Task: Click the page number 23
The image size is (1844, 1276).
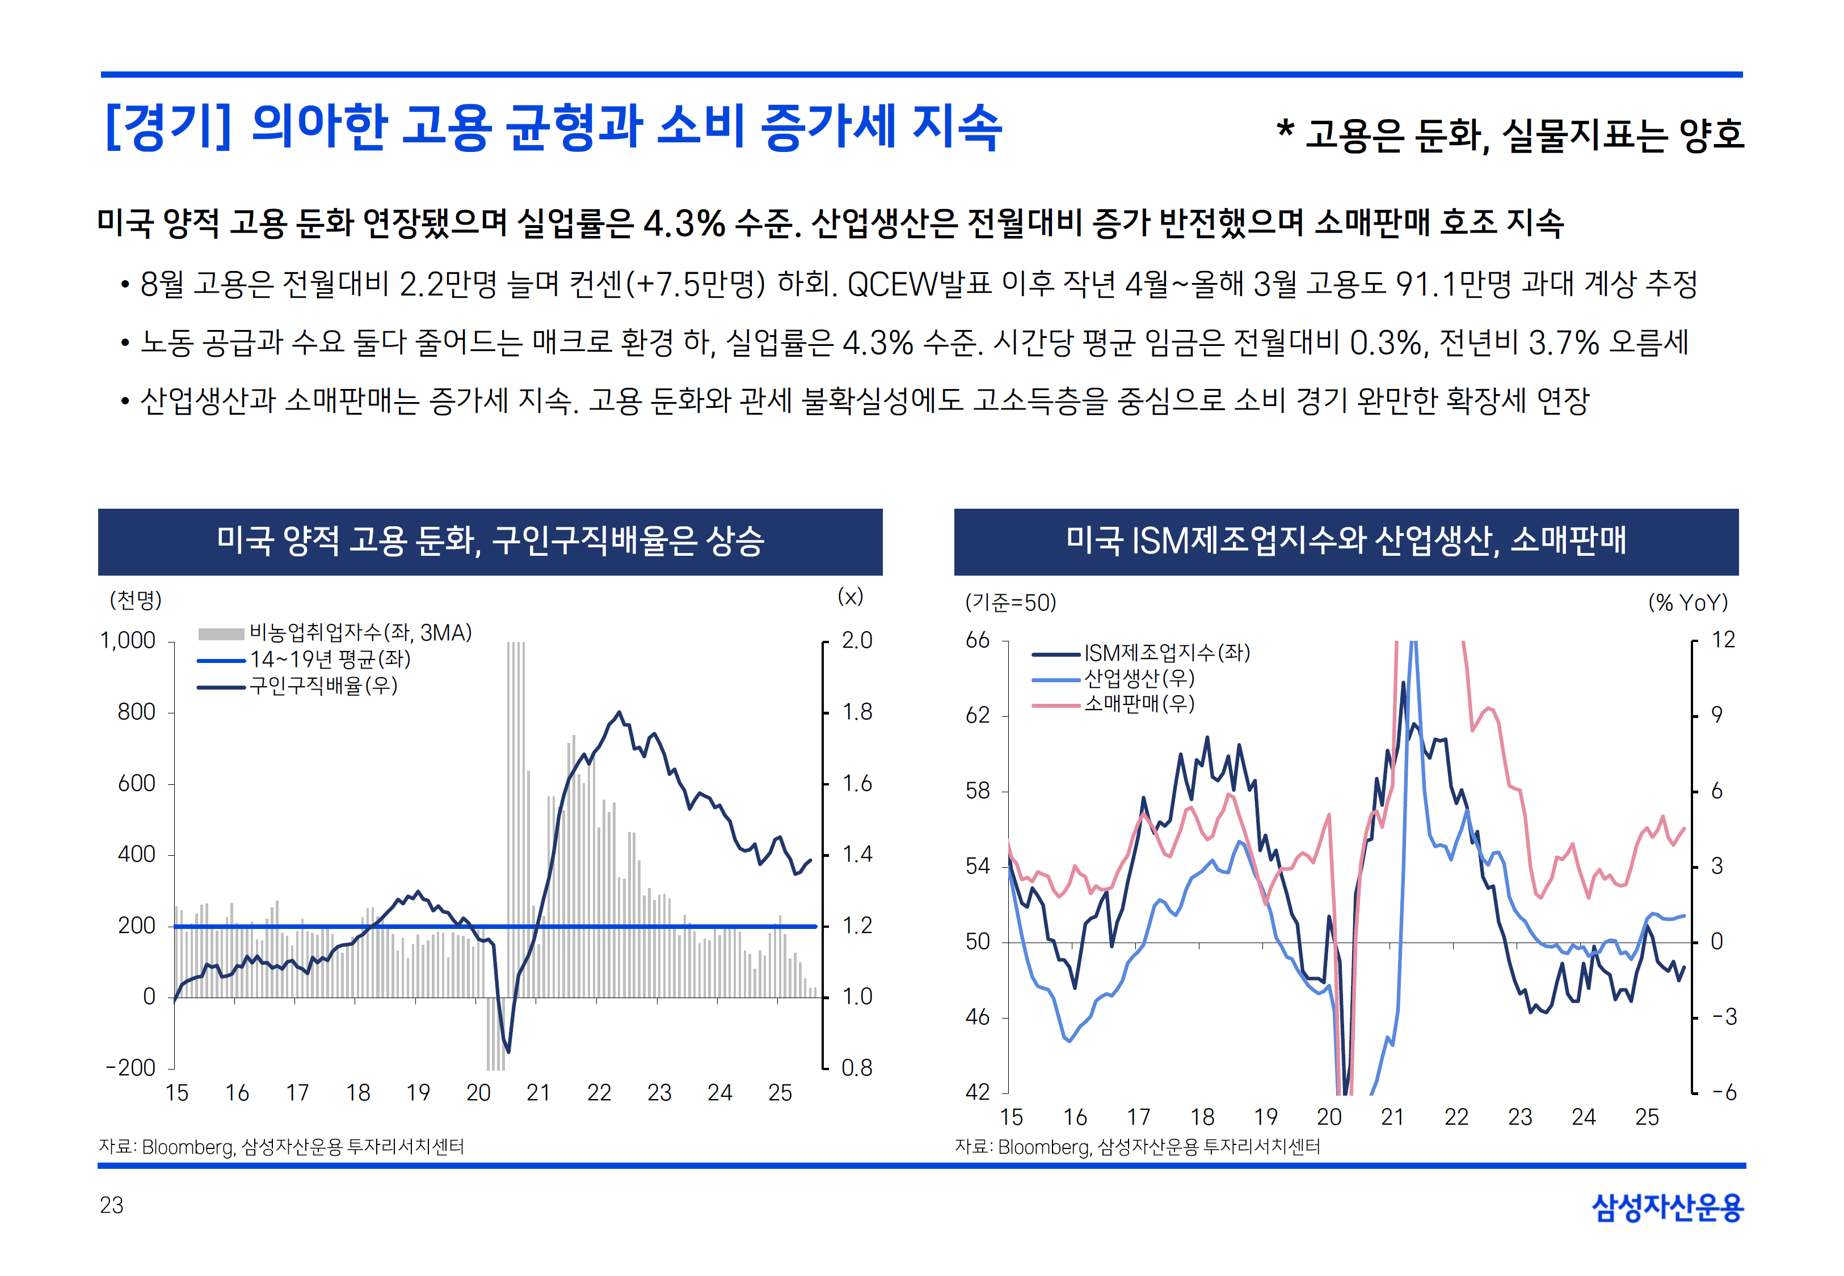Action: (x=112, y=1205)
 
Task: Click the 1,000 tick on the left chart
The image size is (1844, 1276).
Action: (x=128, y=640)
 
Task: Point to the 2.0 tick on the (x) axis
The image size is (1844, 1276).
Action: (x=856, y=640)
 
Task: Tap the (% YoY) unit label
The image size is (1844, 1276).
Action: (x=1687, y=603)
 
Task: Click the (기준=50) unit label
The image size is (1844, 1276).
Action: (x=1011, y=603)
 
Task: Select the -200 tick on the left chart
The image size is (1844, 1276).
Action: (x=130, y=1068)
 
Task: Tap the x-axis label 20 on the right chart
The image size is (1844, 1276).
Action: (x=1329, y=1117)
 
